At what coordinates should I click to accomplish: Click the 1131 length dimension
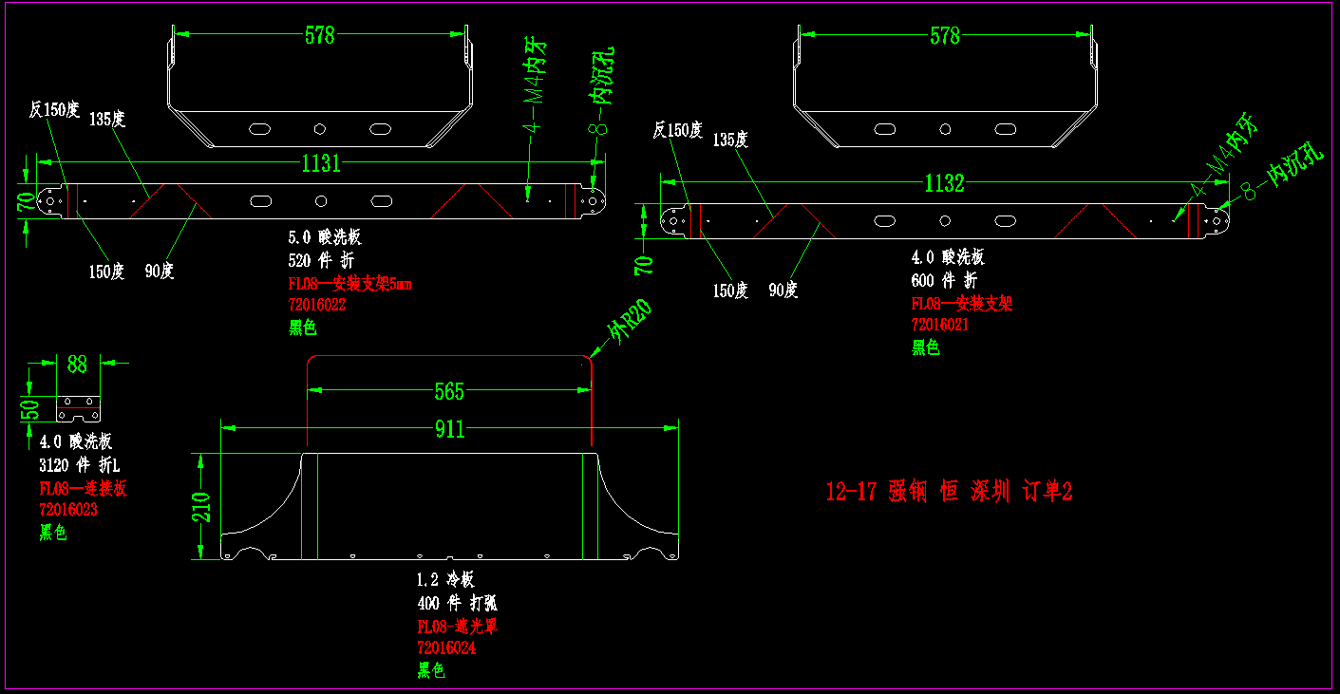point(321,163)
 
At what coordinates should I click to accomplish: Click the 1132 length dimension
point(944,183)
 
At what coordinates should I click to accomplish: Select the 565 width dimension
point(449,391)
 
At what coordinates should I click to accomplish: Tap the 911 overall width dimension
point(449,429)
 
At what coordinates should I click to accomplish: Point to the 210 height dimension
point(200,507)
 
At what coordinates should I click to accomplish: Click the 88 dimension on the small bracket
point(77,364)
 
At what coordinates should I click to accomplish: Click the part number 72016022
point(316,306)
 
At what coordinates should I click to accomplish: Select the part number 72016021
point(939,325)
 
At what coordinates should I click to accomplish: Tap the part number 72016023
point(67,510)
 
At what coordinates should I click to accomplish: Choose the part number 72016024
point(445,648)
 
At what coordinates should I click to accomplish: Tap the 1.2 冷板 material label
point(444,579)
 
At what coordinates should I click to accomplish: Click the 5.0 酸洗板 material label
point(324,237)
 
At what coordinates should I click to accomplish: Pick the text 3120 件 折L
point(79,465)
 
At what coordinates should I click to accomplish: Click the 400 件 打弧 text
point(457,603)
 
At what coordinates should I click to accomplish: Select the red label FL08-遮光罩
point(458,626)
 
